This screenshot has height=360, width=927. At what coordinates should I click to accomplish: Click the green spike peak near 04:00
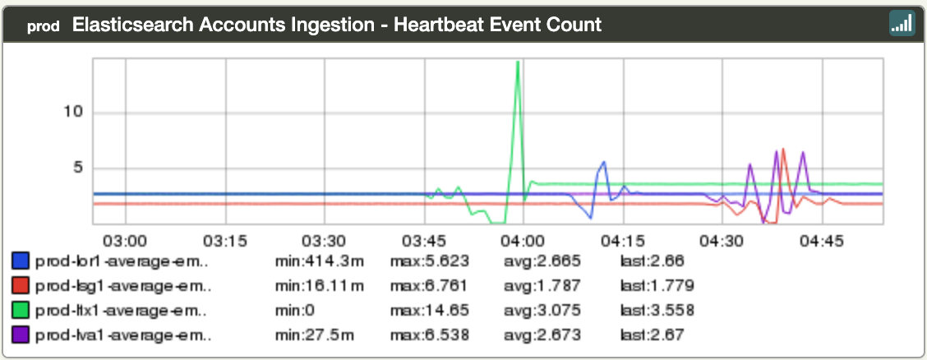click(518, 62)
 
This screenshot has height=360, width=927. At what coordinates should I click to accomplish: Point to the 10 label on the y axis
click(74, 112)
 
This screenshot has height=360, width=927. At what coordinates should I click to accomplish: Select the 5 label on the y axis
click(79, 168)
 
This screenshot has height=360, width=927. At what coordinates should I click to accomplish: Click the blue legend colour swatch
click(21, 261)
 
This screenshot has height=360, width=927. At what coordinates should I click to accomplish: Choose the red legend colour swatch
click(21, 286)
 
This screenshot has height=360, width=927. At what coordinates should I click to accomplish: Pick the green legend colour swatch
click(21, 310)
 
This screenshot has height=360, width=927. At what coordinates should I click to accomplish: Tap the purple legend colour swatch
click(21, 335)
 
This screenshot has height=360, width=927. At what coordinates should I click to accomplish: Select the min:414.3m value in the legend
click(320, 261)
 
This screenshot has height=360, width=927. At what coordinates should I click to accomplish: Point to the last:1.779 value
click(657, 286)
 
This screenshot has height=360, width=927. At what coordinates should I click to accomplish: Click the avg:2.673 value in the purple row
click(542, 335)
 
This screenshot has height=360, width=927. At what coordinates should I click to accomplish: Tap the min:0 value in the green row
click(297, 310)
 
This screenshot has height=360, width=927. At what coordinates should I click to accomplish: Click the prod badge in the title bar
click(43, 25)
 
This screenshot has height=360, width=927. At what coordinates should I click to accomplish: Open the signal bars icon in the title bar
click(902, 24)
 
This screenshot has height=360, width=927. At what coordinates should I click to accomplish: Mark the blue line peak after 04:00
click(604, 162)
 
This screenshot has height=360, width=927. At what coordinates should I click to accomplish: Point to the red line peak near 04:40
click(784, 150)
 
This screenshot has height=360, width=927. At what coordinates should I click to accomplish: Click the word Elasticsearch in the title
click(127, 25)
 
